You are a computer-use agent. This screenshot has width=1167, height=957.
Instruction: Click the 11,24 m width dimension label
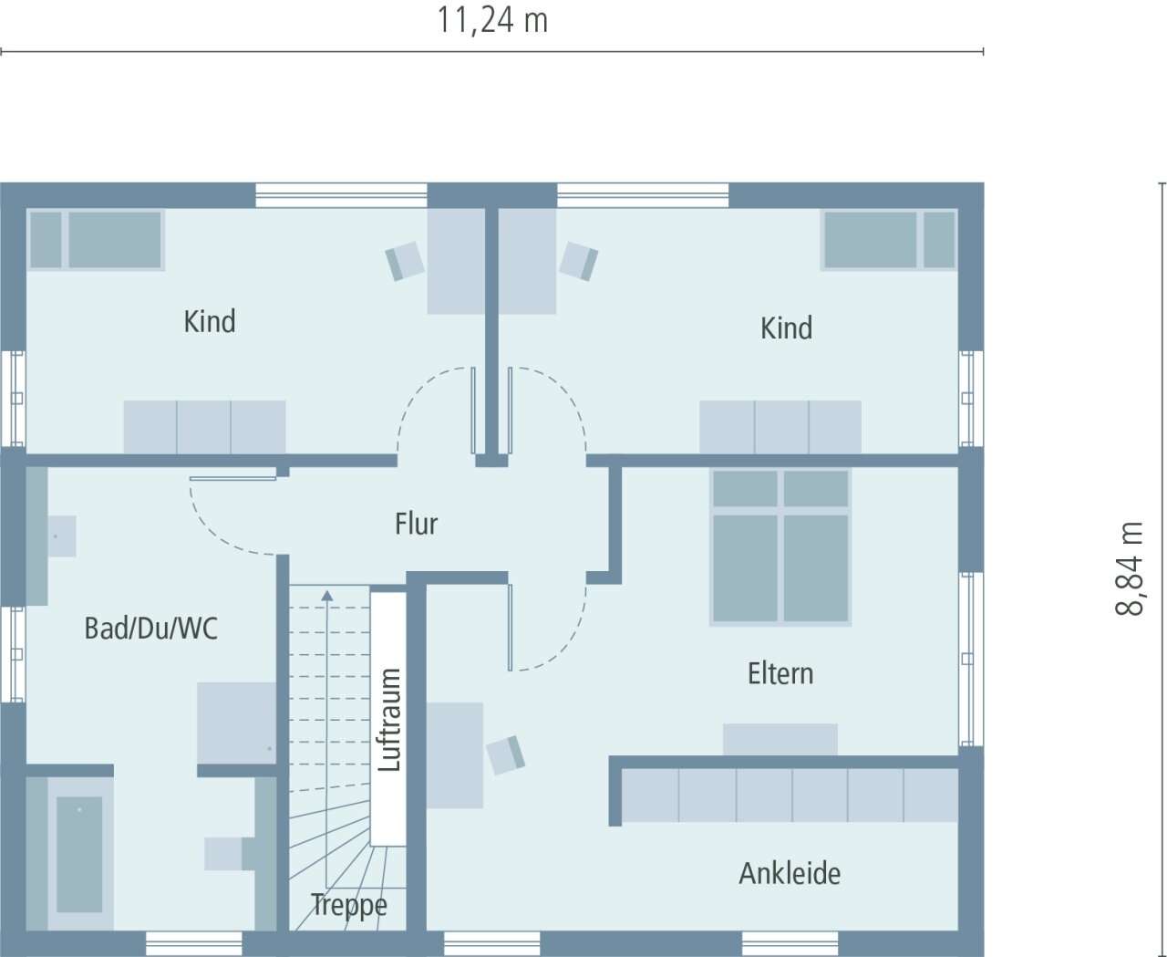[x=492, y=20]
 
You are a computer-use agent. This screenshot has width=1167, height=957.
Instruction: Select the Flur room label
[x=416, y=524]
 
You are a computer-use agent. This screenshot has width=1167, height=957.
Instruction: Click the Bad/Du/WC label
[x=150, y=628]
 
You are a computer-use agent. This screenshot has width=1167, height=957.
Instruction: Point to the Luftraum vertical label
[x=389, y=719]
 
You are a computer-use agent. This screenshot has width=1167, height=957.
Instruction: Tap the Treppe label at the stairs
[x=348, y=905]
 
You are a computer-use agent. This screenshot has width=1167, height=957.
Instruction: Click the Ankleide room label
[x=790, y=873]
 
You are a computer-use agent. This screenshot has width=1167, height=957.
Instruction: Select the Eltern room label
[x=780, y=673]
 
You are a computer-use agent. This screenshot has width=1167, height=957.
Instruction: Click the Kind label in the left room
[x=210, y=321]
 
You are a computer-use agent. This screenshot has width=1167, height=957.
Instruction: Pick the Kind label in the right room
[x=786, y=328]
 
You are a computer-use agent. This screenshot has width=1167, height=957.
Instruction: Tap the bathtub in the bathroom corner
[x=79, y=853]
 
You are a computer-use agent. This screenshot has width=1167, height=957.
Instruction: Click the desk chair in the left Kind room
[x=405, y=261]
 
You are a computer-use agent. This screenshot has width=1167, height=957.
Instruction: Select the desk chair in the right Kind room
[x=579, y=261]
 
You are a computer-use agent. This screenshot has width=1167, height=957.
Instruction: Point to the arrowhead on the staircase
[x=327, y=596]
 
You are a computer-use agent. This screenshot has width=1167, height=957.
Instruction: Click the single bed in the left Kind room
[x=96, y=240]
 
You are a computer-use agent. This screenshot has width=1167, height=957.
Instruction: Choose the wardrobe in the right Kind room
[x=780, y=426]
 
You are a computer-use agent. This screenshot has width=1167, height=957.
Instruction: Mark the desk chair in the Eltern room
[x=505, y=754]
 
